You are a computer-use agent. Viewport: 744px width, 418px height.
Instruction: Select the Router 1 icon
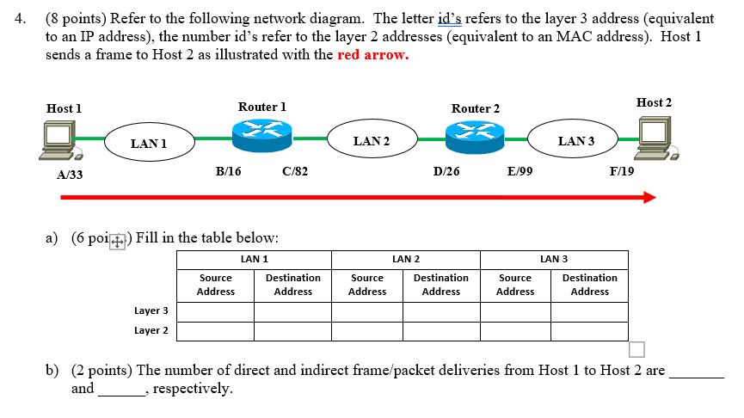coord(261,134)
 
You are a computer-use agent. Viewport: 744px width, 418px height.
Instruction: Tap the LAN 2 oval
coord(372,140)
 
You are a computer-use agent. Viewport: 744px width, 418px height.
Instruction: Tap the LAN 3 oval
coord(575,140)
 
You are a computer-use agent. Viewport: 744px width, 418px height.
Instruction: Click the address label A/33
coord(70,175)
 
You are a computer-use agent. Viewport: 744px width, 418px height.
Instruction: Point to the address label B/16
coord(229,171)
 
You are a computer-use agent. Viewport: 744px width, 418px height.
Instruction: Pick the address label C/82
coord(295,171)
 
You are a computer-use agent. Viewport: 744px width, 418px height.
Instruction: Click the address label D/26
coord(446,171)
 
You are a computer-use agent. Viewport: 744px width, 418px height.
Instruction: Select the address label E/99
coord(520,171)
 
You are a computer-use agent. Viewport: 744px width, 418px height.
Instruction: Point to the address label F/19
coord(622,171)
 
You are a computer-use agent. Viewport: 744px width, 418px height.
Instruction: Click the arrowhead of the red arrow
coord(649,197)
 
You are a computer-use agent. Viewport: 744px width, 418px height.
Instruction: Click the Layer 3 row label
coord(151,310)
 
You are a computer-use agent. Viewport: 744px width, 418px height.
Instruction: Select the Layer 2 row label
coord(151,330)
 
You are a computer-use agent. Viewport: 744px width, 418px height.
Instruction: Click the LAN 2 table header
coord(406,259)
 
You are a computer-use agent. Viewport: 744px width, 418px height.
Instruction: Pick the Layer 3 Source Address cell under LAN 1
coord(215,310)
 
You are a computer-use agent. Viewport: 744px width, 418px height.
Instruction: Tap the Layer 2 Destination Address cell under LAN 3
coord(589,330)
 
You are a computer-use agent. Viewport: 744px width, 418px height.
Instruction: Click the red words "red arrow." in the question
coord(373,55)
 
